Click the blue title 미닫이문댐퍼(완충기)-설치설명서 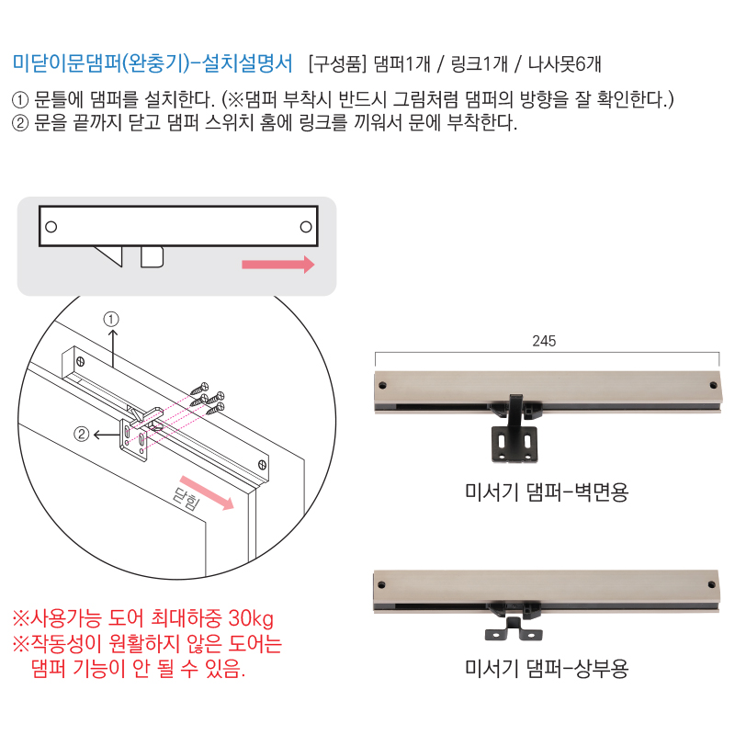pyautogui.click(x=153, y=63)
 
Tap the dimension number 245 pyautogui.click(x=544, y=341)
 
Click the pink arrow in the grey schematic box pyautogui.click(x=278, y=265)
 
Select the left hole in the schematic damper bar pyautogui.click(x=51, y=227)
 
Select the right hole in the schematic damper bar pyautogui.click(x=306, y=227)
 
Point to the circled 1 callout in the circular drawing pyautogui.click(x=111, y=319)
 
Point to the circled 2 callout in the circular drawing pyautogui.click(x=82, y=434)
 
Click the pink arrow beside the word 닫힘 pyautogui.click(x=207, y=492)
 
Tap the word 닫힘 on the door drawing pyautogui.click(x=187, y=498)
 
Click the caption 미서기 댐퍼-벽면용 pyautogui.click(x=546, y=492)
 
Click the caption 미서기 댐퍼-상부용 pyautogui.click(x=546, y=669)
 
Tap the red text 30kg pyautogui.click(x=251, y=618)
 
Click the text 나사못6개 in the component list pyautogui.click(x=564, y=63)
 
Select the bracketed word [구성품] pyautogui.click(x=337, y=63)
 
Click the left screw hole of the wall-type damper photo pyautogui.click(x=382, y=385)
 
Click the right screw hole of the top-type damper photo pyautogui.click(x=711, y=584)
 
